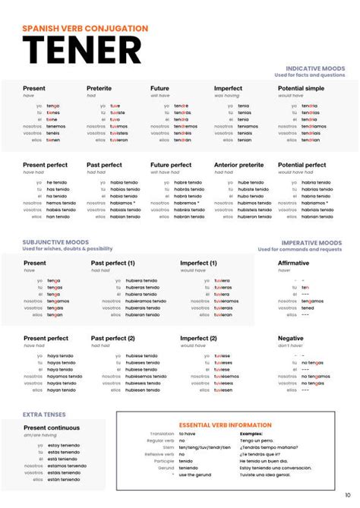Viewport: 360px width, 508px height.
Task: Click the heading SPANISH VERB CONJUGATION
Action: (x=85, y=28)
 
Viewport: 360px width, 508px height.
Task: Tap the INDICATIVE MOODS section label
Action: (x=314, y=68)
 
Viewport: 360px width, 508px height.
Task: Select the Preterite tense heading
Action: (x=99, y=89)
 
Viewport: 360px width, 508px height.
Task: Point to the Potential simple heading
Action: (x=301, y=89)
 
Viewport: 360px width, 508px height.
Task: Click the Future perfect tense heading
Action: (x=171, y=165)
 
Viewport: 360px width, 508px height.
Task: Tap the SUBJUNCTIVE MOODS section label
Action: (x=55, y=242)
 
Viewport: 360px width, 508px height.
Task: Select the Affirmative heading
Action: (x=294, y=263)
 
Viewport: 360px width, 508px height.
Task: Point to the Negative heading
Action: (x=291, y=339)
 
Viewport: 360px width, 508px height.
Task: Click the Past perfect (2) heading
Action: (x=113, y=339)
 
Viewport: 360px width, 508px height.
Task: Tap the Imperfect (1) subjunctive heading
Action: (x=198, y=263)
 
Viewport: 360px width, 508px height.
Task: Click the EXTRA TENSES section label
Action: (x=44, y=415)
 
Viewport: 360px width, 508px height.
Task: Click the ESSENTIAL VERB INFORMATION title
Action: (x=225, y=425)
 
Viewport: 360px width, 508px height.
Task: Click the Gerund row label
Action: (x=165, y=468)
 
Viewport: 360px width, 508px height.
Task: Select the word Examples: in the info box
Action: (x=251, y=433)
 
